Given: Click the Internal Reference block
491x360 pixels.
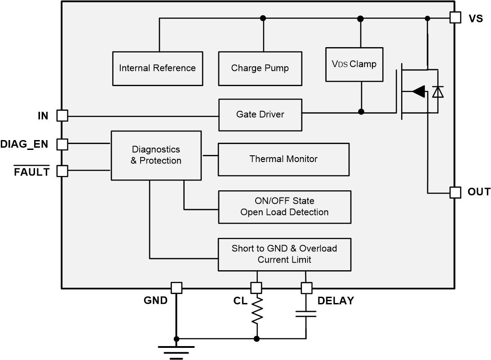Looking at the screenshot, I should click(157, 68).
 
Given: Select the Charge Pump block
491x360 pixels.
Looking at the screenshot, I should click(260, 68).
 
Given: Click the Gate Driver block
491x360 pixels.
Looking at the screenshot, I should click(260, 114).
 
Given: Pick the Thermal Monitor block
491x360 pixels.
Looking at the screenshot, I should click(283, 159).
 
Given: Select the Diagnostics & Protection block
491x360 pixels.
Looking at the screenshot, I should click(156, 155).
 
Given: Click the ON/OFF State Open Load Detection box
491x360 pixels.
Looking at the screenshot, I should click(284, 207).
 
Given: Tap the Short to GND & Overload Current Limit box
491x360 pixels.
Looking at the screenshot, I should click(284, 255).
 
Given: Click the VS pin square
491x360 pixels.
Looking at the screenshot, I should click(455, 18).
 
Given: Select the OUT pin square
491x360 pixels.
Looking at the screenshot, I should click(455, 193).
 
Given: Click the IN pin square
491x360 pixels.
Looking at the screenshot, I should click(62, 116).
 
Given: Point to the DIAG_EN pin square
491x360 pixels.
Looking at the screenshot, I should click(62, 144).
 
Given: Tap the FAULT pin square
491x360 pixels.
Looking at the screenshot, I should click(62, 171).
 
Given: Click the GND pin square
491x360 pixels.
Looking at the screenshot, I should click(177, 288).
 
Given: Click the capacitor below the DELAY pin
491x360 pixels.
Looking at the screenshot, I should click(306, 313).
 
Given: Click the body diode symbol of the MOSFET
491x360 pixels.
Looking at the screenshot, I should click(438, 92).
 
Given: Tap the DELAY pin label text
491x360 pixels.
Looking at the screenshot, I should click(336, 301).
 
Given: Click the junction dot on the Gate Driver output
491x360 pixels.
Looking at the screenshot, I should click(361, 111).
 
